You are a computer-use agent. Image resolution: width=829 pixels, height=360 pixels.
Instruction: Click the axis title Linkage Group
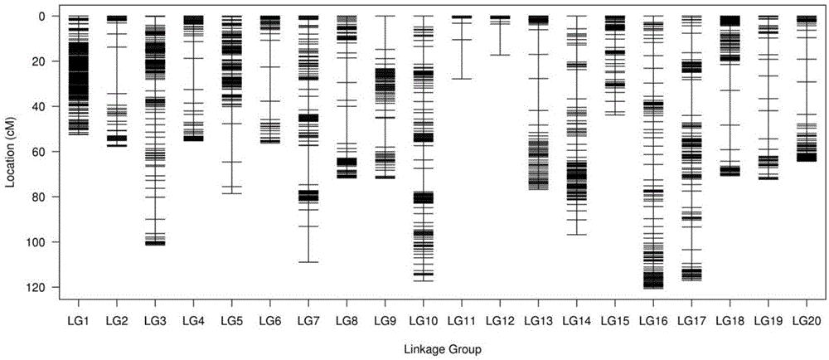tap(442, 349)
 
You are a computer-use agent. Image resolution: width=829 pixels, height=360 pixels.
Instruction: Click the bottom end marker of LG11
tap(462, 79)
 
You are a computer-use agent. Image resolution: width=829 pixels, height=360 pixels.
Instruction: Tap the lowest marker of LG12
tap(500, 55)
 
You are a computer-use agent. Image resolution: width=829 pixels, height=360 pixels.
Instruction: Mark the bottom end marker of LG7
tap(308, 261)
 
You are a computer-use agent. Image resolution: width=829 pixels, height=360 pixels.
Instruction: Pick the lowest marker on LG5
tap(231, 193)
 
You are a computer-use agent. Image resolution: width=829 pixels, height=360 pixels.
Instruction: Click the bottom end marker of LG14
tap(576, 234)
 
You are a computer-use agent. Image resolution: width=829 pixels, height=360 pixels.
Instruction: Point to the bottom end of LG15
tap(615, 114)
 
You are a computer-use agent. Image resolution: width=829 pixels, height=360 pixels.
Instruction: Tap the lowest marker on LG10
tap(423, 280)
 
